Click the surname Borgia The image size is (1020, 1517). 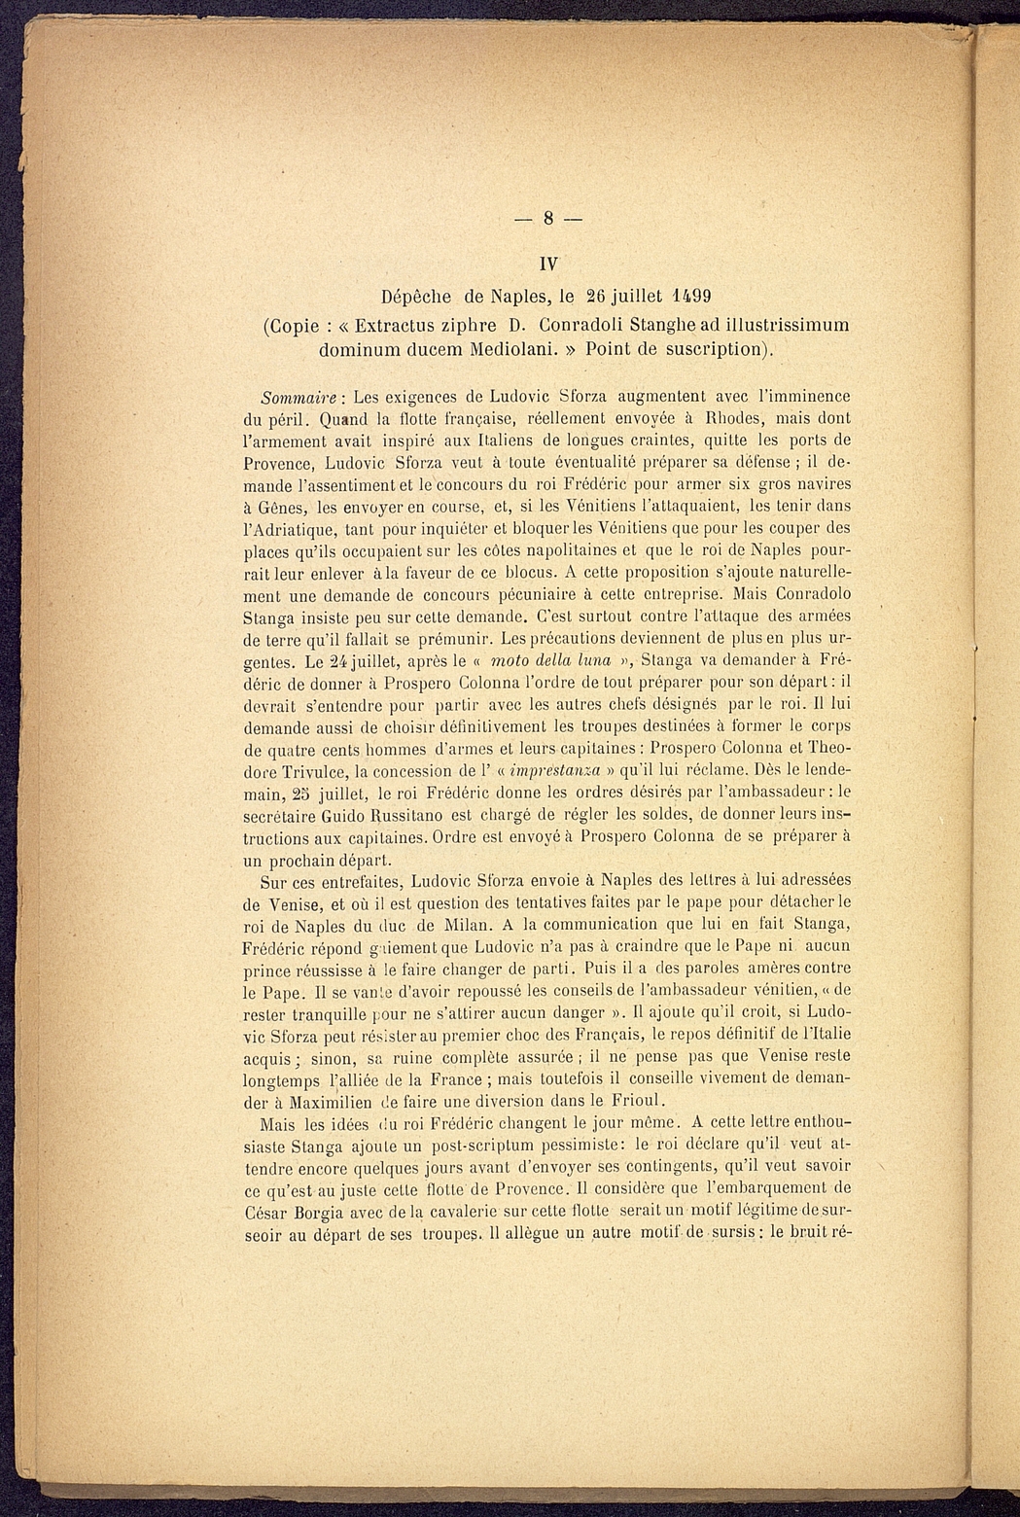click(336, 1212)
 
